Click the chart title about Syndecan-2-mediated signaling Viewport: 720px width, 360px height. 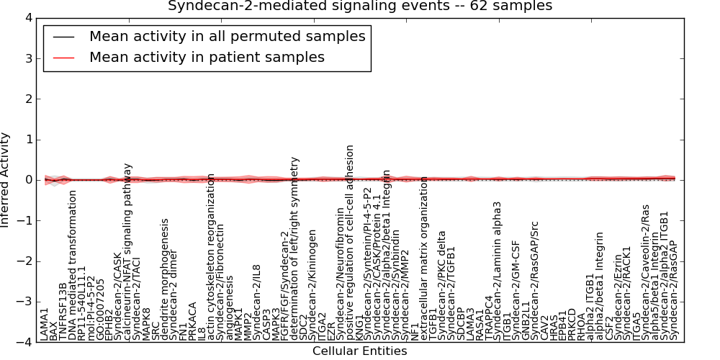click(360, 6)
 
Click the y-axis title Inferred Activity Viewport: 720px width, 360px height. click(6, 180)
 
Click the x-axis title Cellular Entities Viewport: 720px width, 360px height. click(359, 351)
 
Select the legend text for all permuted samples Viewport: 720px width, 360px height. click(227, 36)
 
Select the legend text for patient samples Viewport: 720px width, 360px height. click(207, 57)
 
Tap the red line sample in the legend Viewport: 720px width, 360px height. click(63, 58)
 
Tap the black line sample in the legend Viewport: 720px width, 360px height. click(63, 37)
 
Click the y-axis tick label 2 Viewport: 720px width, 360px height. click(28, 99)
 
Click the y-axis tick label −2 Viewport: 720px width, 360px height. click(25, 261)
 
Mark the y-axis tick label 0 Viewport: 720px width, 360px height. click(28, 180)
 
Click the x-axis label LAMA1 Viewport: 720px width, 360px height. click(45, 324)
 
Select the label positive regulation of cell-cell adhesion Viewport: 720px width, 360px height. click(350, 243)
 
